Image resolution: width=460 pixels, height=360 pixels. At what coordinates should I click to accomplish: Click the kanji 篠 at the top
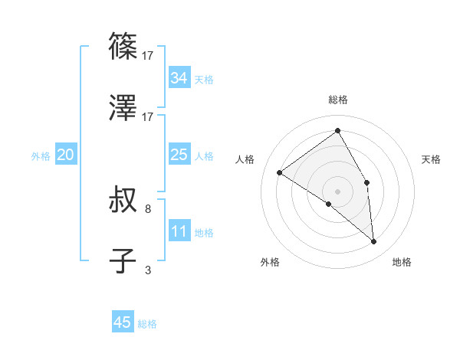[123, 47]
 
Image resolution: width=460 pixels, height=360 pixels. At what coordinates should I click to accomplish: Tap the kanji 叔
[123, 201]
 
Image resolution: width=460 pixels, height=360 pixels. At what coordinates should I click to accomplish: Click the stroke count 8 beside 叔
[148, 208]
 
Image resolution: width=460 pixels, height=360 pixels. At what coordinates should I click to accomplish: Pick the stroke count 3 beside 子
[148, 269]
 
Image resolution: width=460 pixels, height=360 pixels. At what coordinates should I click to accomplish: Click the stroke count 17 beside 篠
[148, 55]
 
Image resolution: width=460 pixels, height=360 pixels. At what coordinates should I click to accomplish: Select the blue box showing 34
[179, 78]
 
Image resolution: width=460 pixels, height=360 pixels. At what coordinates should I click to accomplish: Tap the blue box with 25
[179, 155]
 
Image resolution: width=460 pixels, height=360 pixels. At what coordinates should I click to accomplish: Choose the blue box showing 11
[179, 231]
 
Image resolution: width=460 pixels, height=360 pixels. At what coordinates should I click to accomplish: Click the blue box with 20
[65, 155]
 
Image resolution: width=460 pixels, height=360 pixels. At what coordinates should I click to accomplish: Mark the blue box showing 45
[123, 322]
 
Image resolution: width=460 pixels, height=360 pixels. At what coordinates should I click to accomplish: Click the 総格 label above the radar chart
[338, 100]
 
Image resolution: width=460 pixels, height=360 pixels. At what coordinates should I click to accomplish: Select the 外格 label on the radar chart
[270, 262]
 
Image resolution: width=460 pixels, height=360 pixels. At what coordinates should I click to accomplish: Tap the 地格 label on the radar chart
[402, 262]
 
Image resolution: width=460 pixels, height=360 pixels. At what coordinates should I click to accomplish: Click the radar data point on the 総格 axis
[338, 131]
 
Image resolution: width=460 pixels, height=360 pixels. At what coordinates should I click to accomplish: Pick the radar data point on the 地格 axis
[374, 242]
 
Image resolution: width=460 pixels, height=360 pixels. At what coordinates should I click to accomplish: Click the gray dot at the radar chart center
[337, 191]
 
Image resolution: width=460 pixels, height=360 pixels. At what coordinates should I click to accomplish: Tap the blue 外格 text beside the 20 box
[41, 156]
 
